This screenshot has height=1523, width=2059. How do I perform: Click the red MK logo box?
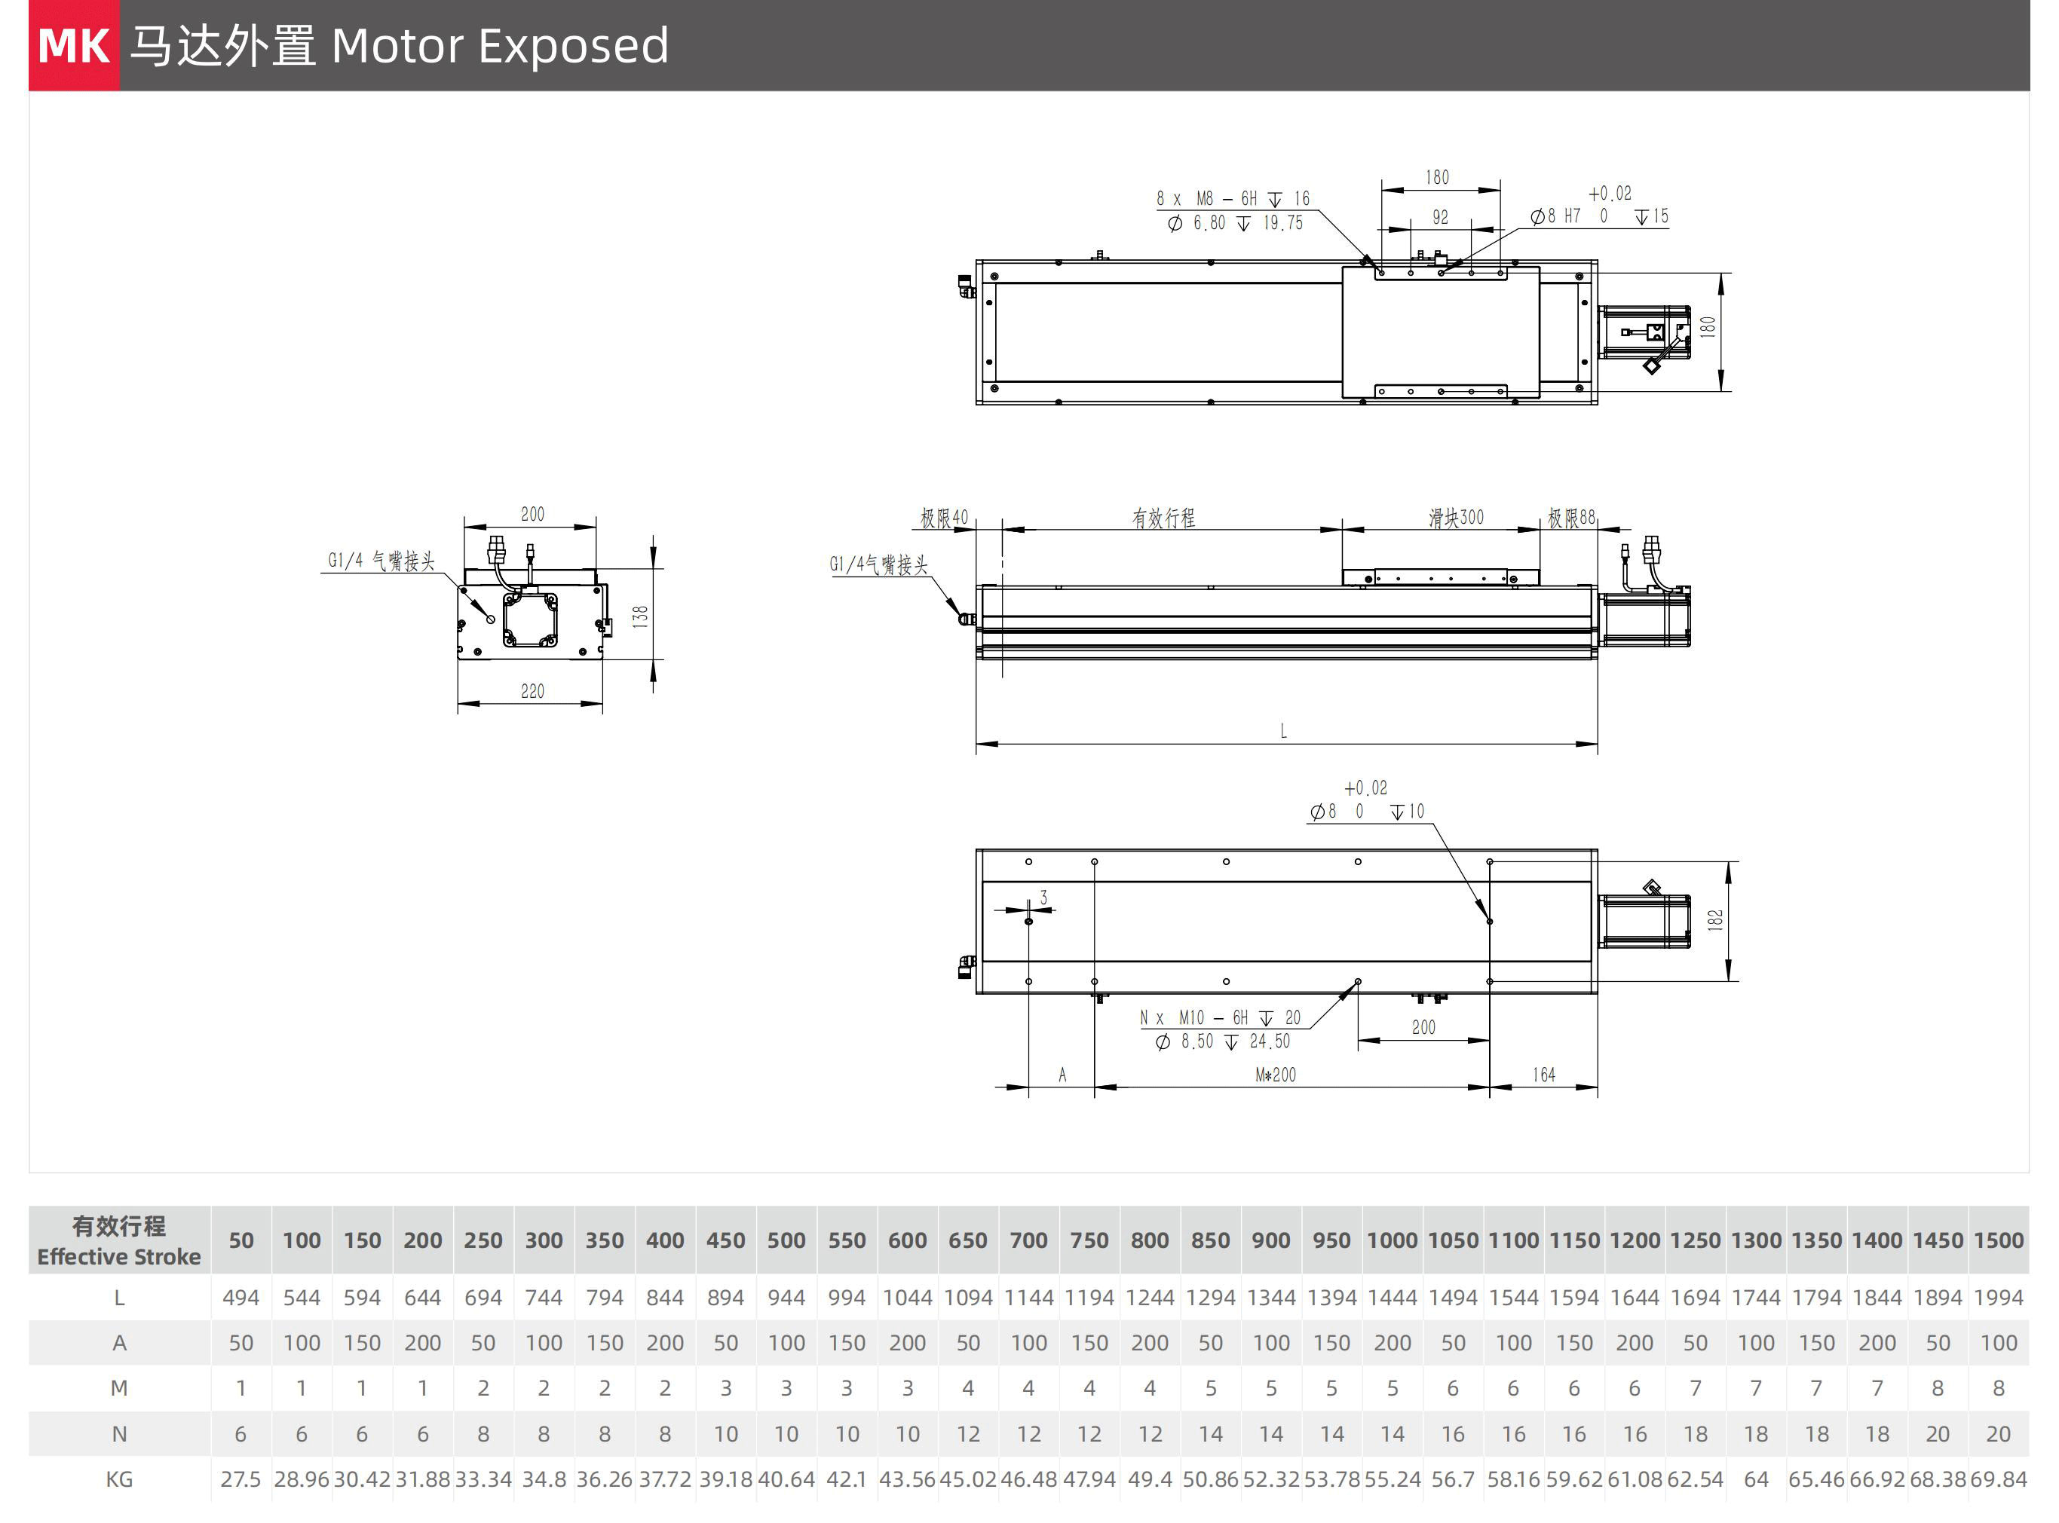tap(74, 45)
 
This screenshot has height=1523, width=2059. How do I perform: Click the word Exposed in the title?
tap(572, 46)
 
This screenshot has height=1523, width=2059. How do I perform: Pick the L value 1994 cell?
tap(1998, 1298)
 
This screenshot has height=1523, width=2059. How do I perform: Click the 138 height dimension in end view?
tap(640, 616)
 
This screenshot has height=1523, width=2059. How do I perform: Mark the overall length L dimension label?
tap(1282, 732)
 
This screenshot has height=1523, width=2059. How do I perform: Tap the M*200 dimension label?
tap(1275, 1075)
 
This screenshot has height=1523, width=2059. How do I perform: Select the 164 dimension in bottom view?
tap(1543, 1075)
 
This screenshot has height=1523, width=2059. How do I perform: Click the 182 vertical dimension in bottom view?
tap(1715, 920)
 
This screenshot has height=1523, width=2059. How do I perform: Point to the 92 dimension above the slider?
tap(1439, 218)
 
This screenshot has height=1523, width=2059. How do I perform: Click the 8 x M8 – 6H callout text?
tap(1232, 199)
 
